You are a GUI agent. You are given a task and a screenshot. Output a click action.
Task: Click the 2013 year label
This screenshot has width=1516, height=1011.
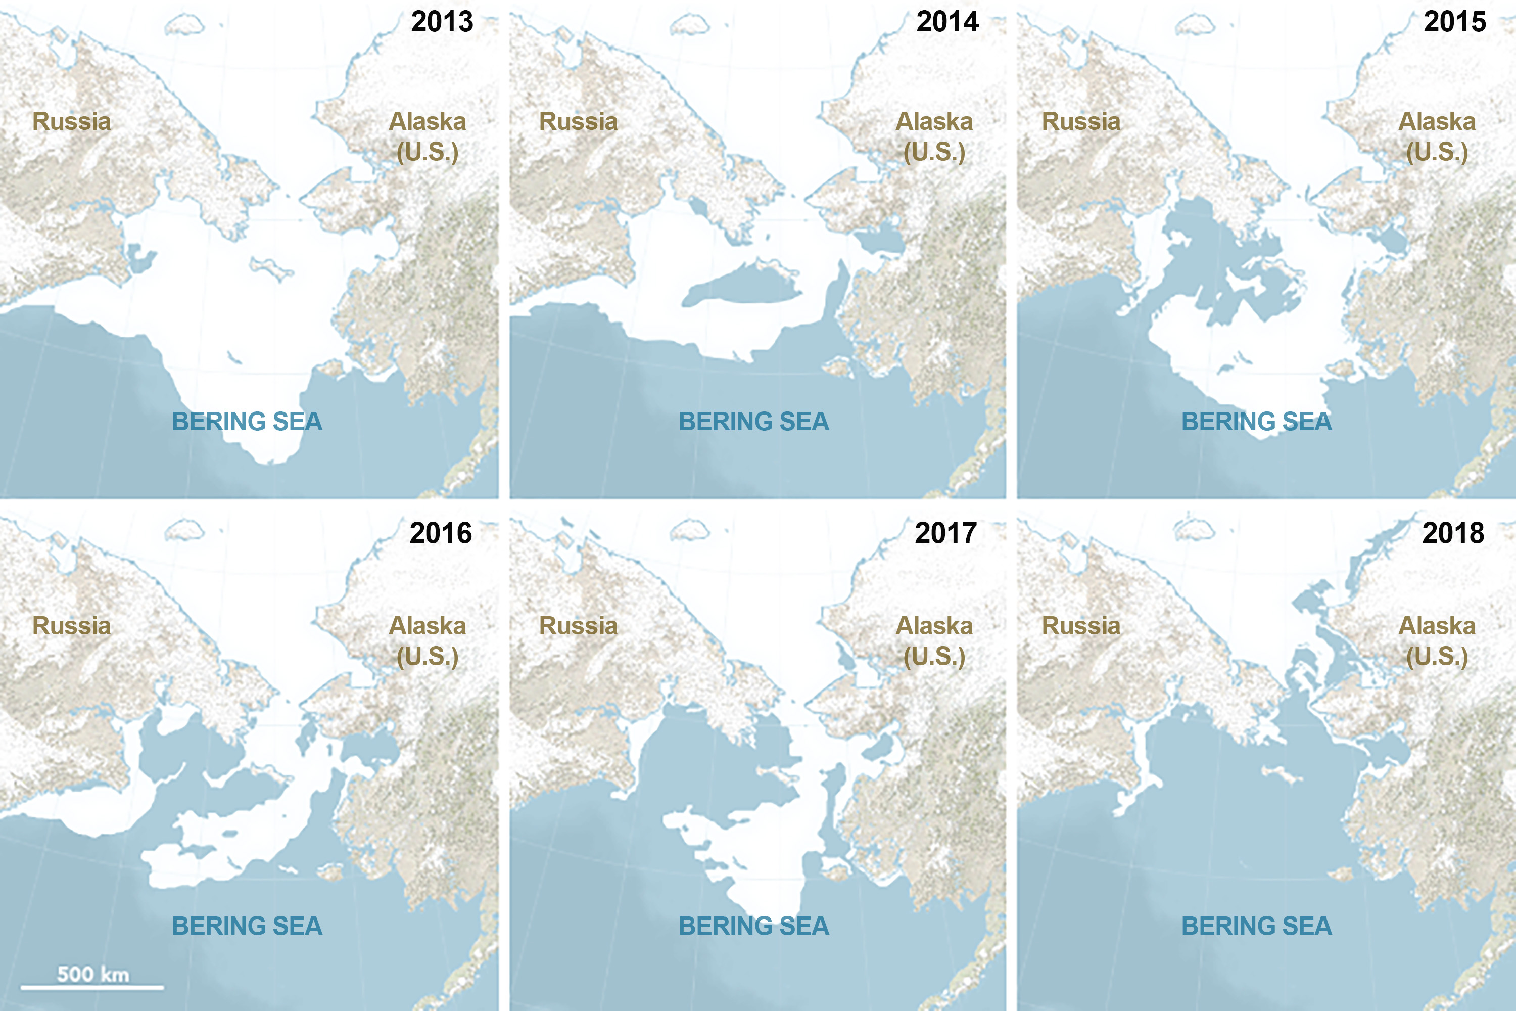coord(442,22)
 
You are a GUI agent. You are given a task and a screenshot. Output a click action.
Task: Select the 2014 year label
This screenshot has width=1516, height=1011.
coord(947,22)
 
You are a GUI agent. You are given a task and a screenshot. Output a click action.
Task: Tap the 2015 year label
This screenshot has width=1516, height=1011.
coord(1455,22)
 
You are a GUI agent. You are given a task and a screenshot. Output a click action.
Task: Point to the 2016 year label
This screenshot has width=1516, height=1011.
coord(441,533)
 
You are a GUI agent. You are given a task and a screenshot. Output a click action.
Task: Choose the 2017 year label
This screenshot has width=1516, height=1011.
coord(946,533)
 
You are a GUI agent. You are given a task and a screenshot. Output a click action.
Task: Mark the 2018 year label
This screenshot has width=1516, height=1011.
coord(1453,533)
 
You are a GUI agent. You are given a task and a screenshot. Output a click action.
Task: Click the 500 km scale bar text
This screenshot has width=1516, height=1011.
coord(93,974)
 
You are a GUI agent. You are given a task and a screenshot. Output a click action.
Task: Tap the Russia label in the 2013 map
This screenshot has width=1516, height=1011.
coord(72,121)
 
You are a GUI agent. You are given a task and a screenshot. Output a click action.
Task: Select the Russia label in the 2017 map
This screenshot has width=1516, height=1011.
coord(578,625)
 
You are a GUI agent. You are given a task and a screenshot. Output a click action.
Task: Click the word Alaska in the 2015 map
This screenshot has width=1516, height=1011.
coord(1437,121)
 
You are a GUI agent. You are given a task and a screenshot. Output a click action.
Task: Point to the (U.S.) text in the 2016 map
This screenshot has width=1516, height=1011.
coord(428,656)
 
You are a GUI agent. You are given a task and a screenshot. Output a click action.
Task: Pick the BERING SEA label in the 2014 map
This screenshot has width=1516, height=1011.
coord(753,422)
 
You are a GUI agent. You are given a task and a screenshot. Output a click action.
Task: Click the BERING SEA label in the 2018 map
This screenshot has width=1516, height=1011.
coord(1256,926)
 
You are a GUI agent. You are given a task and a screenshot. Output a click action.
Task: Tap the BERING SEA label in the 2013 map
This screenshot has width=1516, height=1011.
coord(247,422)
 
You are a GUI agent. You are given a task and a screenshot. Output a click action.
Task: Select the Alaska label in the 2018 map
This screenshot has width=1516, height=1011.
coord(1437,625)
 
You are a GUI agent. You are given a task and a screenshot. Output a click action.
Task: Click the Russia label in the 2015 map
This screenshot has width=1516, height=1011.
coord(1081,121)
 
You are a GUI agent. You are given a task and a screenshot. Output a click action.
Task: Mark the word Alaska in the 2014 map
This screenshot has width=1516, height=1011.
coord(934,121)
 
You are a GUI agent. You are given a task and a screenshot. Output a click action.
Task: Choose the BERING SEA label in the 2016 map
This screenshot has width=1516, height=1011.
coord(247,926)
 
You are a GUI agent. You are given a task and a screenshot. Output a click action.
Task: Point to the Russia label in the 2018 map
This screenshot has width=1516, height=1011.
coord(1081,625)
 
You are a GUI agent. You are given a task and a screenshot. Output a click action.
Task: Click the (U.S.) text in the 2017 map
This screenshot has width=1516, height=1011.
coord(934,656)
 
